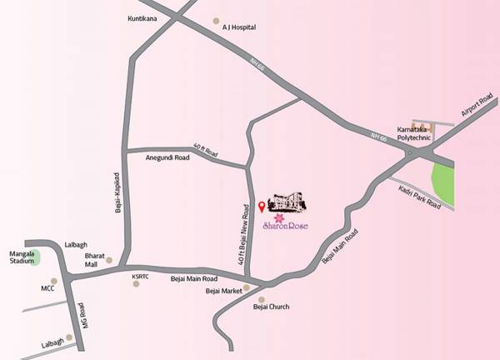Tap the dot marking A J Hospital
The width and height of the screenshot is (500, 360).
point(216,21)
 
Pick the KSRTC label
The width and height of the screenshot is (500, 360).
point(139,276)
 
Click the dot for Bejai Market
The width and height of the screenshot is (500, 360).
point(246,287)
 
